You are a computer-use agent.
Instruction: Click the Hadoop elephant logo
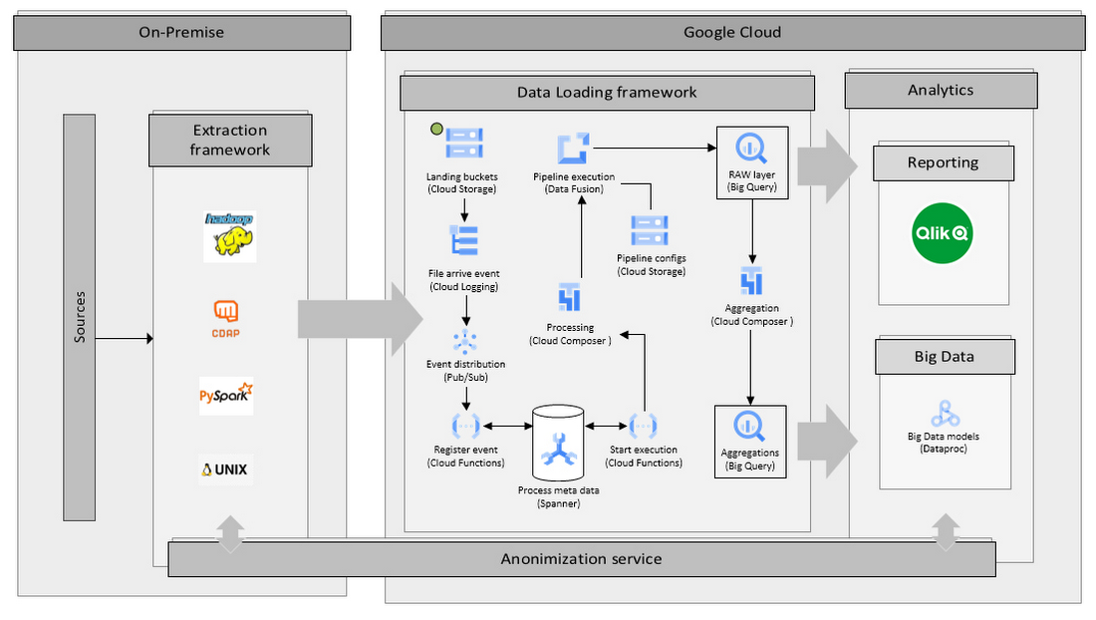[x=229, y=236]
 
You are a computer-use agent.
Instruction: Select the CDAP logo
[x=226, y=317]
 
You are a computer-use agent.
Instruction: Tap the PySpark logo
[x=226, y=396]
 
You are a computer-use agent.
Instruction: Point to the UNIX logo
[x=225, y=468]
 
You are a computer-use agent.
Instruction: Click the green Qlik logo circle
[x=943, y=233]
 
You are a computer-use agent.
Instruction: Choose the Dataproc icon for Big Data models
[x=943, y=414]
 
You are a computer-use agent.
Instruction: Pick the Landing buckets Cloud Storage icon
[x=464, y=144]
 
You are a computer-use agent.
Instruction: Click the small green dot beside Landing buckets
[x=434, y=128]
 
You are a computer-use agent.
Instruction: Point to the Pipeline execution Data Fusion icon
[x=573, y=149]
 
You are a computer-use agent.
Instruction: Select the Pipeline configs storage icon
[x=650, y=230]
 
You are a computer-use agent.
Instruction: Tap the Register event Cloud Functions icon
[x=464, y=426]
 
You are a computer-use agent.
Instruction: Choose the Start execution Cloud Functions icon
[x=644, y=426]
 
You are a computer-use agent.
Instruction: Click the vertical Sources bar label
[x=80, y=317]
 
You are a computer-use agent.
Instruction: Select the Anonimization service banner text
[x=581, y=558]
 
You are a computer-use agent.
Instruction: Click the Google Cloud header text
[x=731, y=32]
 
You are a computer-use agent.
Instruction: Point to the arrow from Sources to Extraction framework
[x=125, y=339]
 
